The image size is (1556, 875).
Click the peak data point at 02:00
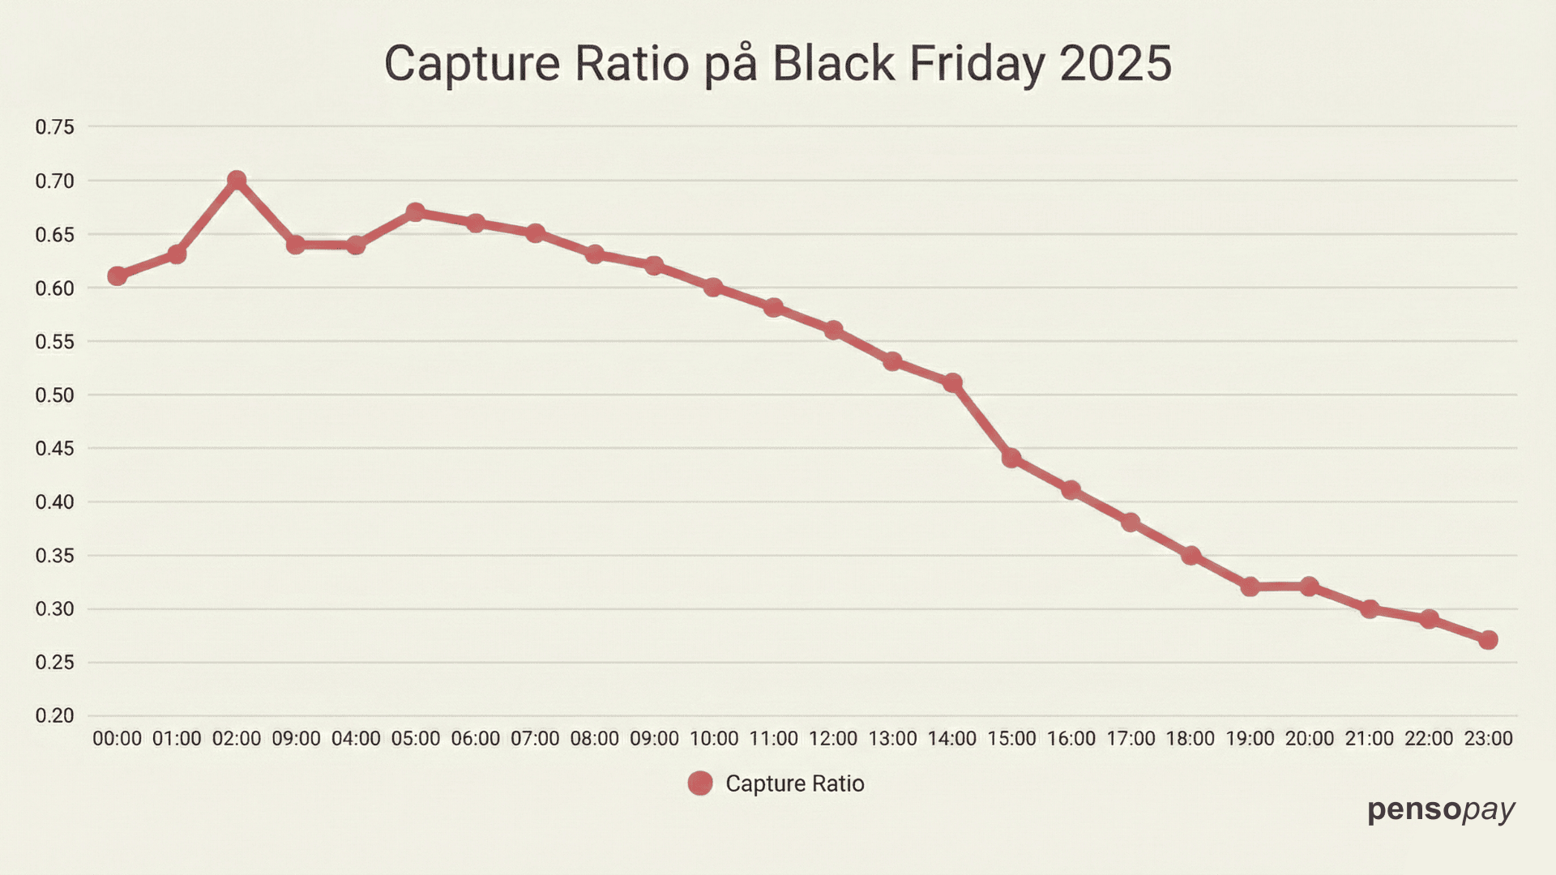(x=237, y=180)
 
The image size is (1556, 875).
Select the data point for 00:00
(x=118, y=276)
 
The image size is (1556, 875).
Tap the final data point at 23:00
(x=1488, y=640)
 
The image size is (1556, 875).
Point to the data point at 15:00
(x=1011, y=459)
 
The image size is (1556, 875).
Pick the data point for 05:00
(x=415, y=212)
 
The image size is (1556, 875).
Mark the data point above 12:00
(x=833, y=330)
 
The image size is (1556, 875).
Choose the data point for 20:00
(x=1310, y=587)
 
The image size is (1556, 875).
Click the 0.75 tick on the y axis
(x=54, y=127)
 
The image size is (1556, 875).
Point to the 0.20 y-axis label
(x=54, y=716)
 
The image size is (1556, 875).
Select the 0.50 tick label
(x=54, y=395)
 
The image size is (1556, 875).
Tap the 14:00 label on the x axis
(x=952, y=739)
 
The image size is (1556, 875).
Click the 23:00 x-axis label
(x=1488, y=739)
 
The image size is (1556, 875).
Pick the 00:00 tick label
(x=118, y=739)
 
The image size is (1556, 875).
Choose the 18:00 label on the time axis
(x=1191, y=739)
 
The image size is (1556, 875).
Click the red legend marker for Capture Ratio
(x=700, y=783)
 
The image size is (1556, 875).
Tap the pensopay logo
(x=1441, y=809)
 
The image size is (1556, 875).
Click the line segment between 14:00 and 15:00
(x=982, y=420)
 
